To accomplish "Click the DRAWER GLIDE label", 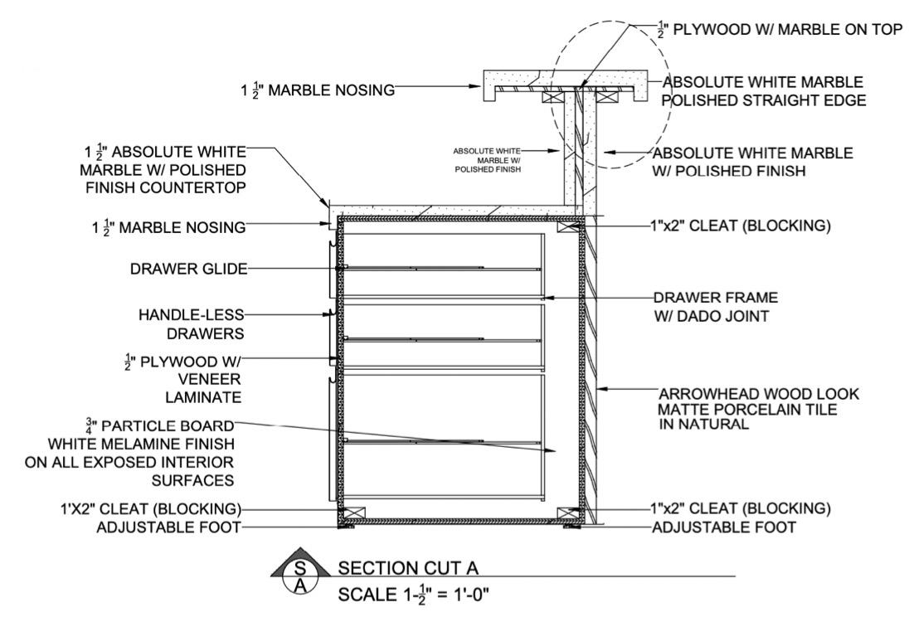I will pyautogui.click(x=189, y=268).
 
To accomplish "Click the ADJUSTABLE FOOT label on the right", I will pyautogui.click(x=724, y=527).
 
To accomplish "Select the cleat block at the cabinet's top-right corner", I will pyautogui.click(x=568, y=227).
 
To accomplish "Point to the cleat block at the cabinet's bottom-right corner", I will pyautogui.click(x=569, y=514).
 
